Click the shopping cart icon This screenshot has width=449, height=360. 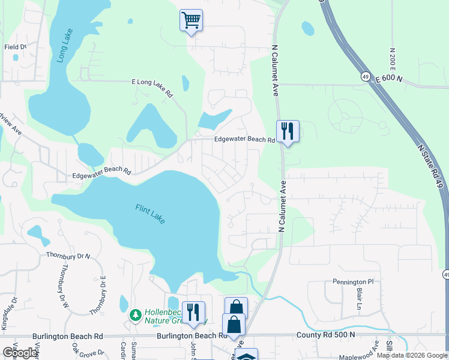(191, 20)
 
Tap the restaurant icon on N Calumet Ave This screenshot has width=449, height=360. (287, 131)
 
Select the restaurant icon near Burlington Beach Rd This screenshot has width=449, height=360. (193, 312)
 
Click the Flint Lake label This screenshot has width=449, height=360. (148, 213)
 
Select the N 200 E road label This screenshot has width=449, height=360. (392, 59)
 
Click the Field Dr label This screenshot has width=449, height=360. (16, 47)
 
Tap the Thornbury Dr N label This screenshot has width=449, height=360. (68, 256)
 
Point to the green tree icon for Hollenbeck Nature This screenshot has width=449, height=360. (136, 315)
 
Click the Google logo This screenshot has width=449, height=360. (20, 353)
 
